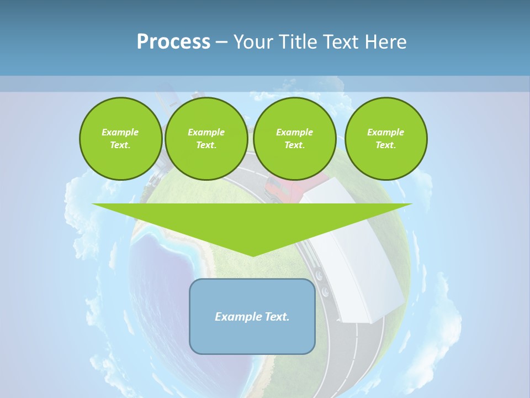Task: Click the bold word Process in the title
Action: coord(173,42)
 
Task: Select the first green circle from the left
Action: coord(120,139)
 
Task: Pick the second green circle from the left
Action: coord(206,139)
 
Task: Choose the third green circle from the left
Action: coord(294,139)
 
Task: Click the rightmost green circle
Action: coord(385,139)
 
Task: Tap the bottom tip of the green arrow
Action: coord(253,256)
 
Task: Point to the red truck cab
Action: coord(287,191)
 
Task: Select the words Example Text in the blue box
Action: coord(252,317)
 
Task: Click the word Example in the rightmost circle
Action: coord(385,132)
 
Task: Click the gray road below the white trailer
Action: coord(353,359)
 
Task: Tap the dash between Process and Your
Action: coord(221,42)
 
